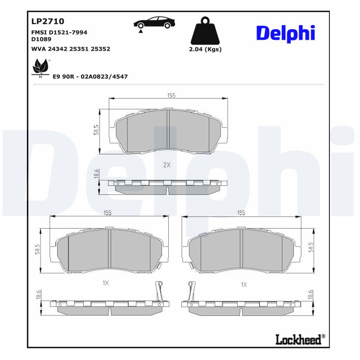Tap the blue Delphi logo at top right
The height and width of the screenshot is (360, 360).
click(285, 33)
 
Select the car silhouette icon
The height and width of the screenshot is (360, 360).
click(154, 23)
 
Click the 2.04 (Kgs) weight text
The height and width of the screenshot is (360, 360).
click(205, 49)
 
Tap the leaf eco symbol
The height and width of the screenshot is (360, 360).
click(40, 68)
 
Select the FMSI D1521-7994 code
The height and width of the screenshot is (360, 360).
click(59, 33)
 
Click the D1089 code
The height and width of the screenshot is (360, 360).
click(41, 40)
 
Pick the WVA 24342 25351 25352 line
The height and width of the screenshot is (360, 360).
click(71, 49)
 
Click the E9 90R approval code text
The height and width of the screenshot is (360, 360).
click(90, 77)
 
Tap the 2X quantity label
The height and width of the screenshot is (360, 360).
click(167, 165)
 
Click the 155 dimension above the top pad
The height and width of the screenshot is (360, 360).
click(171, 95)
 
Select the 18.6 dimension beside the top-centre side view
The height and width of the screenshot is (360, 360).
click(96, 175)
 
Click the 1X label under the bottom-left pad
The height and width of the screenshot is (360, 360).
click(106, 283)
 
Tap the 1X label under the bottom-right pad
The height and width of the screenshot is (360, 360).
click(244, 284)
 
